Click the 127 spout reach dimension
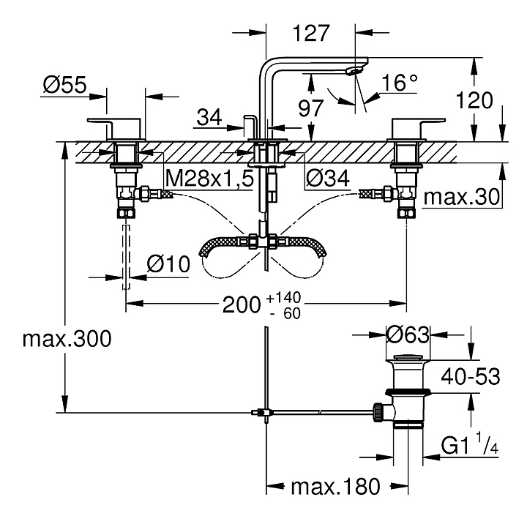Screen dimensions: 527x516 (311, 33)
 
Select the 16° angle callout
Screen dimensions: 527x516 (400, 83)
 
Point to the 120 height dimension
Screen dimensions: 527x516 (474, 100)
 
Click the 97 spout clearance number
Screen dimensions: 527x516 (311, 108)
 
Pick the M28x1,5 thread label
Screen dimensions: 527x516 (209, 178)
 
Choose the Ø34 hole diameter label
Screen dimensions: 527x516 (327, 178)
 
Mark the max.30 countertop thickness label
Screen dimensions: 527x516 (462, 197)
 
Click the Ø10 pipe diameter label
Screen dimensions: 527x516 (168, 264)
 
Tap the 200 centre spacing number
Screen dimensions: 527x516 (242, 305)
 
